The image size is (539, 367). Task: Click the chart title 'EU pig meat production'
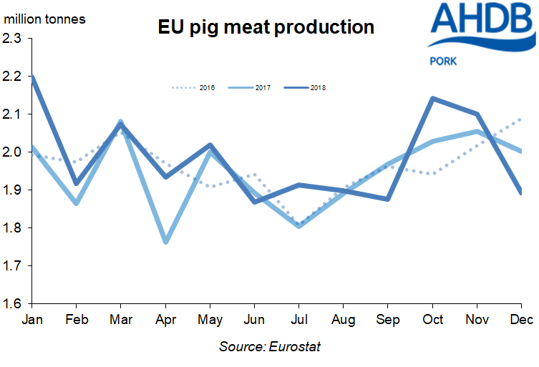pos(266,27)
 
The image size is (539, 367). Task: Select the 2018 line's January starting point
pos(31,77)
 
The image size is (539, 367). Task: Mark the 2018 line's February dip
pos(77,184)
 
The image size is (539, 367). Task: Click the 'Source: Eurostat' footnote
pos(268,347)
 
